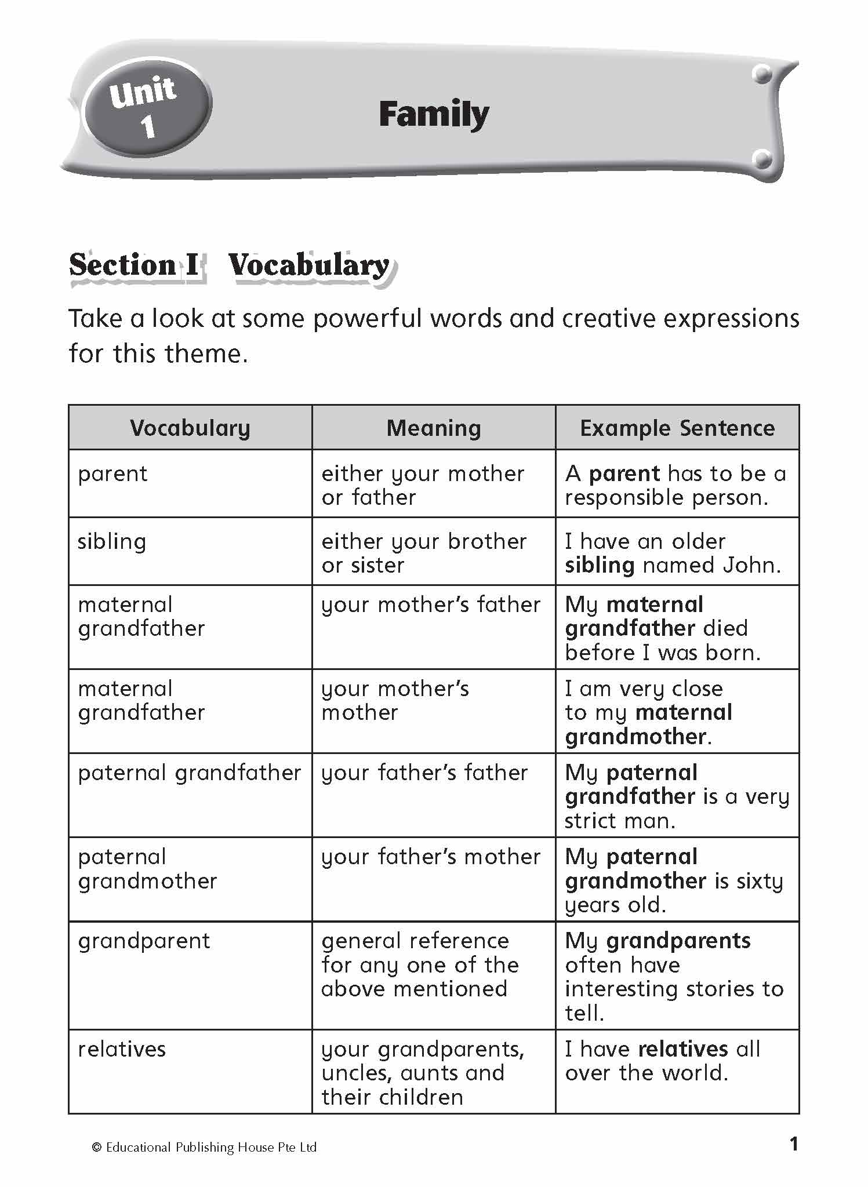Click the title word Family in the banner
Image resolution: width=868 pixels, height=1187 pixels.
point(434,115)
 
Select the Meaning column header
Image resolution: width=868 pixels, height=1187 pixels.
point(434,428)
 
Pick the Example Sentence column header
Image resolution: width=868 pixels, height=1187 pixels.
point(677,428)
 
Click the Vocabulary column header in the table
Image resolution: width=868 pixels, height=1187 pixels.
point(190,428)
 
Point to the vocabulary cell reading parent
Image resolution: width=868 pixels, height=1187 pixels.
point(113,474)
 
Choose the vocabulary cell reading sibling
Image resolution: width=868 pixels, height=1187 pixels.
point(112,542)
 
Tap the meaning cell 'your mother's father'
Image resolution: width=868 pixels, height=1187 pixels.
point(431,605)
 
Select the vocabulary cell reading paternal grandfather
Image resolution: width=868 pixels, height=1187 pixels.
point(190,773)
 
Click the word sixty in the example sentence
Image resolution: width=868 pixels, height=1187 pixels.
point(760,881)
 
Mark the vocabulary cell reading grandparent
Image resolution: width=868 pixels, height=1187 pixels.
point(144,941)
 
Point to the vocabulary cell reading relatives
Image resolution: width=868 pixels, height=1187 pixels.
point(122,1049)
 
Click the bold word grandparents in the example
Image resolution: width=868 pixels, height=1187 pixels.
point(678,941)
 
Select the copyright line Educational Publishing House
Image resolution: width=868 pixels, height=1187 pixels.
point(205,1148)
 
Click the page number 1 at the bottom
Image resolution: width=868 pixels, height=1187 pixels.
point(794,1144)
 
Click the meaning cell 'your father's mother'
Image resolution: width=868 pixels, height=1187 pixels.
point(431,857)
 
